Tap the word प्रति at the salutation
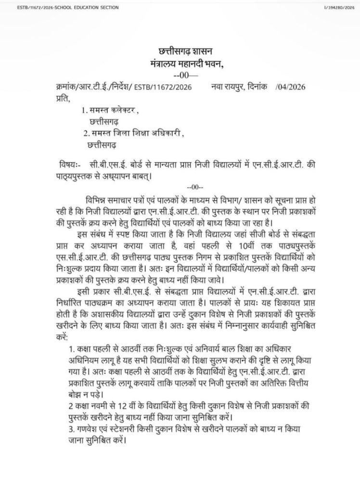(60, 99)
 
